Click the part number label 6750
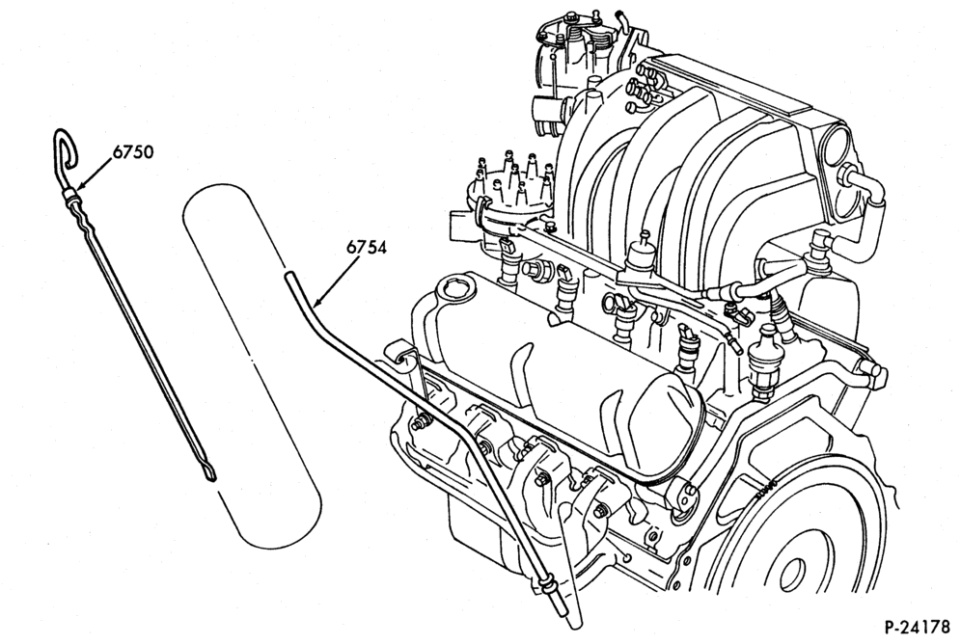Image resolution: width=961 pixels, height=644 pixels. (x=132, y=151)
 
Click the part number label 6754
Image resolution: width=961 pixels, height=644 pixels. (x=367, y=248)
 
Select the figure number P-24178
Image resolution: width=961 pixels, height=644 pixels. (x=918, y=628)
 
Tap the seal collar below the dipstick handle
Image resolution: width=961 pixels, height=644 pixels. (x=71, y=195)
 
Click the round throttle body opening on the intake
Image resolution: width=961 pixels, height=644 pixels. (x=836, y=144)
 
